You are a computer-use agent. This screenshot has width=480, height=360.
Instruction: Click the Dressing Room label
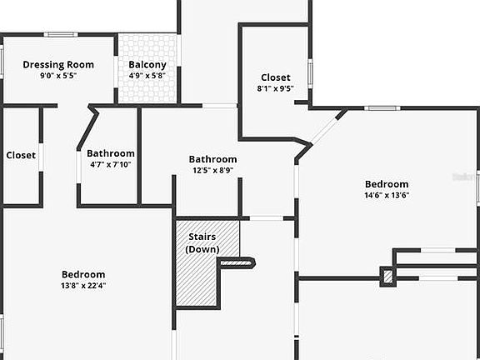pos(58,65)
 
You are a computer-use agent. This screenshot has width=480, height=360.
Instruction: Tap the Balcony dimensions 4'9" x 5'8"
pos(147,75)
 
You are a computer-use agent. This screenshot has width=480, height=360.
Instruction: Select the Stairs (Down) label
pos(202,242)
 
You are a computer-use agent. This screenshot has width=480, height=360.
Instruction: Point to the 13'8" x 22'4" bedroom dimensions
pos(83,286)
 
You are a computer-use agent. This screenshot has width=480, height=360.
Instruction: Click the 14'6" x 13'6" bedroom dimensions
pos(387,195)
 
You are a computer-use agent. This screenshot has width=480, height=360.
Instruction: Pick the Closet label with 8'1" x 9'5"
pos(276,77)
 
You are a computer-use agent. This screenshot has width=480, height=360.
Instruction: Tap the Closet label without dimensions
pos(21,155)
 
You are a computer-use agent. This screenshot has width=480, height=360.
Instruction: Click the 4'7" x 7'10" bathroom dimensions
pos(111,164)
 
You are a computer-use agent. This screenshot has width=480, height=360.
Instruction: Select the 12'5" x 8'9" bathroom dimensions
pos(212,170)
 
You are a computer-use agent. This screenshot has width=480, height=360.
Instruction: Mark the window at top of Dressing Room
pos(61,34)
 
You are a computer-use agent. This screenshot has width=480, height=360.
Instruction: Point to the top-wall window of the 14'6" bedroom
pos(382,108)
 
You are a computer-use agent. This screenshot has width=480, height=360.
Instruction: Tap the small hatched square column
pos(387,277)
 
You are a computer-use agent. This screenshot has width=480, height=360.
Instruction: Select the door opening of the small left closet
pos(41,157)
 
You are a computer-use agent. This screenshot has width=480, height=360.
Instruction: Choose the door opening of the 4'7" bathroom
pos(78,167)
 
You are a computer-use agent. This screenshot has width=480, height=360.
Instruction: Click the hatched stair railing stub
pos(237,262)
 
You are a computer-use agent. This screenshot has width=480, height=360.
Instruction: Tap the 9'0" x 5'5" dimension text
pos(58,75)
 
